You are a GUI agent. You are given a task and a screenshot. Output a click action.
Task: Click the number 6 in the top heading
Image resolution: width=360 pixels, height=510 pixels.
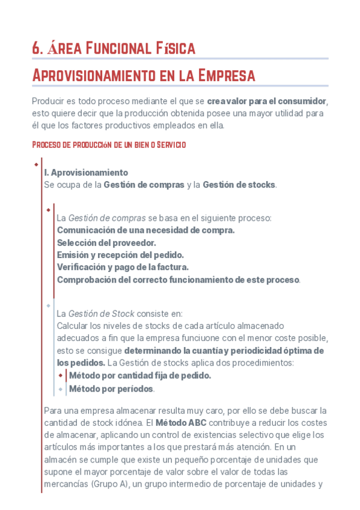coord(35,48)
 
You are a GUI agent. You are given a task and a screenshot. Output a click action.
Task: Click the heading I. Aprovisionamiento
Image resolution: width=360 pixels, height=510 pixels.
coord(86,173)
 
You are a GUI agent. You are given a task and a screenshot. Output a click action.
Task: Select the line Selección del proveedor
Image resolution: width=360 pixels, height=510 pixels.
coord(106,242)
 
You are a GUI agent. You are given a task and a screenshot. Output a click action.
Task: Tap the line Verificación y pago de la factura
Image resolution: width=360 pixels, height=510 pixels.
coord(123,266)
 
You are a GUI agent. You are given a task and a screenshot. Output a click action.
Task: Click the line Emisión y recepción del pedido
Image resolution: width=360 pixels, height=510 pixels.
coord(120,254)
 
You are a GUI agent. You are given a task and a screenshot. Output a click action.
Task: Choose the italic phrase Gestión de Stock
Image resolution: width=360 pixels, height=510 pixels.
coord(102,313)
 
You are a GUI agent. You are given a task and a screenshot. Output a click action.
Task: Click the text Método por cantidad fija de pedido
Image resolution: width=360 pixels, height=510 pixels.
coord(140,375)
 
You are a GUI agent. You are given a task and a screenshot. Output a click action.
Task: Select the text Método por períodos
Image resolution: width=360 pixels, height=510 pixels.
coord(112,389)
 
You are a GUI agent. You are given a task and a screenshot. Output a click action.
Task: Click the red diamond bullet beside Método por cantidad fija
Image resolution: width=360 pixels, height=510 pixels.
coord(61,375)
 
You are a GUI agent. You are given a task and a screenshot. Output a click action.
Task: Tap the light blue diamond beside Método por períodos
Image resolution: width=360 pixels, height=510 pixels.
coord(61,389)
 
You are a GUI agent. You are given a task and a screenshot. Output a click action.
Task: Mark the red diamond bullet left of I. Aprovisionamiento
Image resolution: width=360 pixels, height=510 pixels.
coord(36,164)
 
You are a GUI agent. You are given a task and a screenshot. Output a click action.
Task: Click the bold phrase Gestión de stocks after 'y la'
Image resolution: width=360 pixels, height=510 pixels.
coord(239,185)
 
